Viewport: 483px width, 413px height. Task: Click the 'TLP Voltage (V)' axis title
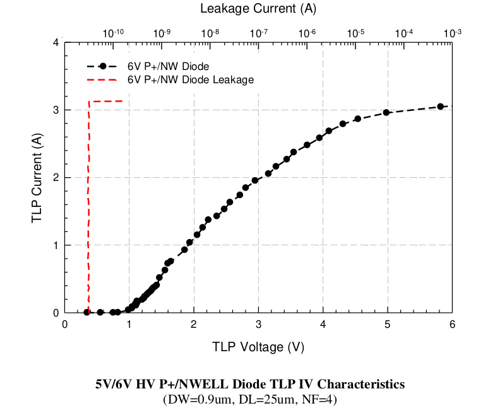pos(258,346)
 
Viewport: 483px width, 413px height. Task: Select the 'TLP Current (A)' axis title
pos(37,177)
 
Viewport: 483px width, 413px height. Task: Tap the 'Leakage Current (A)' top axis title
pos(258,9)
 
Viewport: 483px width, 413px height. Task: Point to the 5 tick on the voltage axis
pos(387,324)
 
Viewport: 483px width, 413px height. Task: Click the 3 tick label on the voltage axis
pos(258,324)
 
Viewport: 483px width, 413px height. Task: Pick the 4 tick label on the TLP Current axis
pos(56,43)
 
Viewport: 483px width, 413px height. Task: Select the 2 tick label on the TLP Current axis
pos(56,178)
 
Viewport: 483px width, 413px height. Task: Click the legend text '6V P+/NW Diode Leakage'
pos(191,80)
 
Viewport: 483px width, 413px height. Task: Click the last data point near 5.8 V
pos(441,107)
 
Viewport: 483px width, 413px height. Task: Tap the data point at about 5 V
pos(386,112)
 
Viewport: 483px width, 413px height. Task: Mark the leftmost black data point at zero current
pos(86,312)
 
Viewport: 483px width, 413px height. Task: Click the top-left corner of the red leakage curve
pos(89,102)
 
